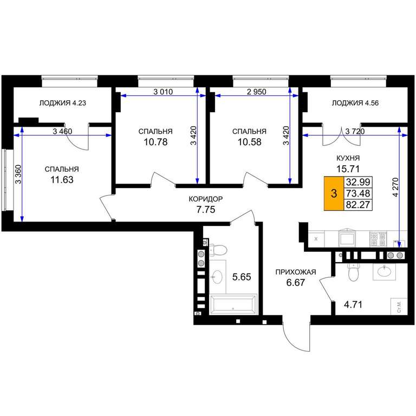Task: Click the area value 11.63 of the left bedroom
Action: click(62, 180)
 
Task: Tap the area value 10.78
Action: click(155, 142)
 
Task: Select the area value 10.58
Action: click(249, 142)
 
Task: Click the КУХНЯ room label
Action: click(348, 158)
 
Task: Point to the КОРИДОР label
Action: click(206, 199)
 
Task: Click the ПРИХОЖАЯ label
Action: click(296, 272)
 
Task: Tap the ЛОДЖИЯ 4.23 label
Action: click(63, 103)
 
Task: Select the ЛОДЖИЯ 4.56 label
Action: click(355, 103)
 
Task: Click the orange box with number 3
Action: click(334, 193)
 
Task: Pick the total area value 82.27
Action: click(358, 205)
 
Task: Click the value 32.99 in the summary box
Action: click(358, 182)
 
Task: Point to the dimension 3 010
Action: click(163, 92)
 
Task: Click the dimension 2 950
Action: click(256, 92)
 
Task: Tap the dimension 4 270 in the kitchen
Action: click(395, 187)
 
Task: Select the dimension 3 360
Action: click(18, 174)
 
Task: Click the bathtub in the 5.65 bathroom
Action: click(233, 304)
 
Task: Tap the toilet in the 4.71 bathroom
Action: click(353, 272)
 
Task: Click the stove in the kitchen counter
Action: click(378, 239)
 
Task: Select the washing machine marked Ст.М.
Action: click(399, 307)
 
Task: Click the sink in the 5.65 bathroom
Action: click(218, 277)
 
